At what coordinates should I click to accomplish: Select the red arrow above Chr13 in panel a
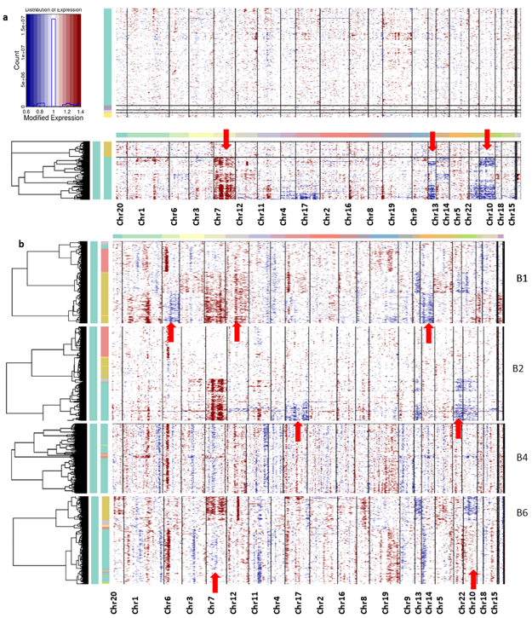432,142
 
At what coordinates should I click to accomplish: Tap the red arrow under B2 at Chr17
298,431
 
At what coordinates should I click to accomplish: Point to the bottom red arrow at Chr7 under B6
215,582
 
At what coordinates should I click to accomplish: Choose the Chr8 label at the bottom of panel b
365,604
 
